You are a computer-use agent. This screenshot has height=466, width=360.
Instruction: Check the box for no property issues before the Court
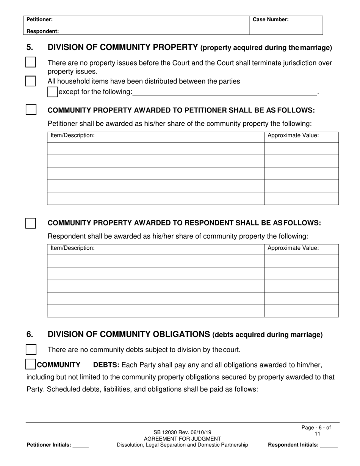[31, 62]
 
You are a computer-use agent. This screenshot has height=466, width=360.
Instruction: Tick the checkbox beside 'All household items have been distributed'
[31, 81]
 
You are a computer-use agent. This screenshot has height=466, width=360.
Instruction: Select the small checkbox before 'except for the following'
[53, 92]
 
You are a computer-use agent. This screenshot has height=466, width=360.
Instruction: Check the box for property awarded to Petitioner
[31, 109]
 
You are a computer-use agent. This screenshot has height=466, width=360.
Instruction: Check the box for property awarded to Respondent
[31, 223]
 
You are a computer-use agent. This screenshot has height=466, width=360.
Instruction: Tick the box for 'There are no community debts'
[31, 349]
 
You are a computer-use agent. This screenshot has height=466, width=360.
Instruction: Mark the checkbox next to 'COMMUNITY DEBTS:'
[31, 364]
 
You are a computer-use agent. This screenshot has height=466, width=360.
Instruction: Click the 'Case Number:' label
[271, 19]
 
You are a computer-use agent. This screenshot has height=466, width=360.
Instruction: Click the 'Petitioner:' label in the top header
[39, 19]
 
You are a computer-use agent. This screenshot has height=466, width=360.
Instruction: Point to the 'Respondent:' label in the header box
[42, 31]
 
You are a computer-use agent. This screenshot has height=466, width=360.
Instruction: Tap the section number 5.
[30, 48]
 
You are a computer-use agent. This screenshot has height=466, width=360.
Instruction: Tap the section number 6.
[30, 335]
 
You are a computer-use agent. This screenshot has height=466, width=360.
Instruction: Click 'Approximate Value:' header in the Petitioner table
[293, 136]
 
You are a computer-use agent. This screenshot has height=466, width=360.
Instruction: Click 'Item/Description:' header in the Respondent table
[72, 248]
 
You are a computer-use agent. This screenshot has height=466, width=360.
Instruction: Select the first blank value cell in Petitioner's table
[301, 149]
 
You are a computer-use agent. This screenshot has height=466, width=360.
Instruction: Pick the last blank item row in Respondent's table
[155, 311]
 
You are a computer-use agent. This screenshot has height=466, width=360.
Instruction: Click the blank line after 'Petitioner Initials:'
[80, 446]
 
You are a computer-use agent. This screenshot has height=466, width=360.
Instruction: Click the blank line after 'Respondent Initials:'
[329, 446]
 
